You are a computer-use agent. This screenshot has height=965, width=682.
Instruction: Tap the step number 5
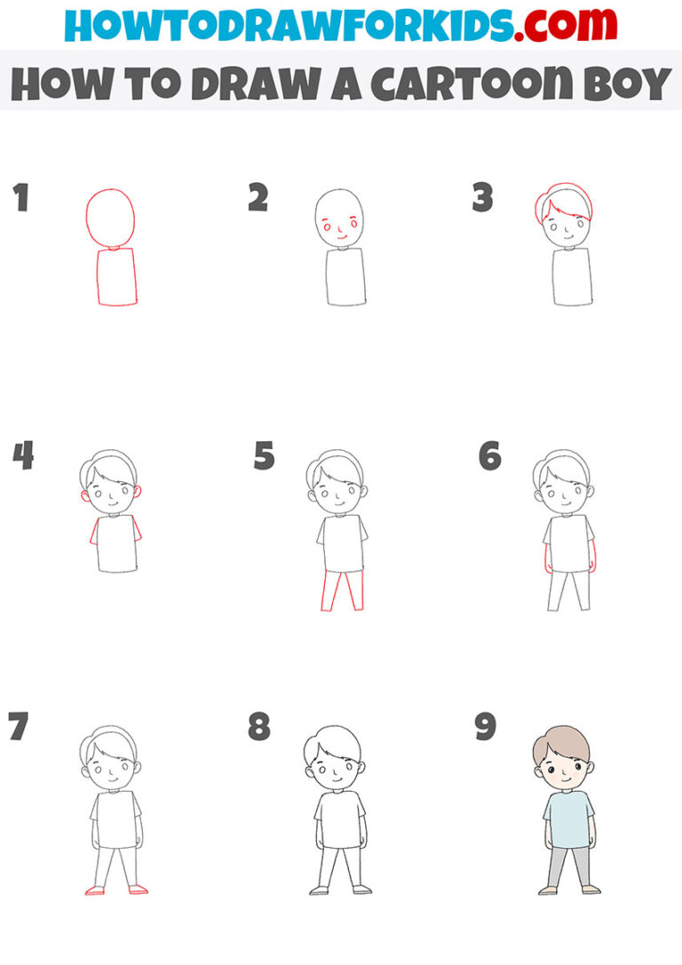point(264,456)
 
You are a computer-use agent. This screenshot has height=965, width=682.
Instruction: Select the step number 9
point(485,726)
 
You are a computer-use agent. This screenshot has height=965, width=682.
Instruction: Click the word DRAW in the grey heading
point(226,83)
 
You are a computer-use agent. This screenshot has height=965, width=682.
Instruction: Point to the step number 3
point(482,197)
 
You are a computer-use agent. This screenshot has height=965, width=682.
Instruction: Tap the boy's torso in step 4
point(116,542)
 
